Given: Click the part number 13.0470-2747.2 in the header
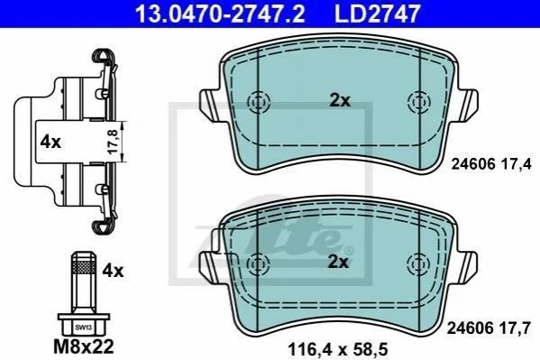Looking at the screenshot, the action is pyautogui.click(x=220, y=14).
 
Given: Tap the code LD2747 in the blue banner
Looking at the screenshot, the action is pyautogui.click(x=378, y=14).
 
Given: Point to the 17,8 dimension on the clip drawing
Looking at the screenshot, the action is pyautogui.click(x=114, y=142).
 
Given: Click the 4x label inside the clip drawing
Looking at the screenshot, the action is pyautogui.click(x=50, y=142).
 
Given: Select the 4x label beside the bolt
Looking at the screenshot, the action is pyautogui.click(x=113, y=271).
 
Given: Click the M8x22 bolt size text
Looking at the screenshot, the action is pyautogui.click(x=84, y=346).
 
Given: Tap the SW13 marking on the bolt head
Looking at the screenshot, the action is pyautogui.click(x=83, y=328).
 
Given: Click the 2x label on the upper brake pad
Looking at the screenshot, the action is pyautogui.click(x=340, y=101).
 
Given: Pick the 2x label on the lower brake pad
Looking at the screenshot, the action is pyautogui.click(x=338, y=263).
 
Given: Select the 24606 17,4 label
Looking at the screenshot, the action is pyautogui.click(x=491, y=164).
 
